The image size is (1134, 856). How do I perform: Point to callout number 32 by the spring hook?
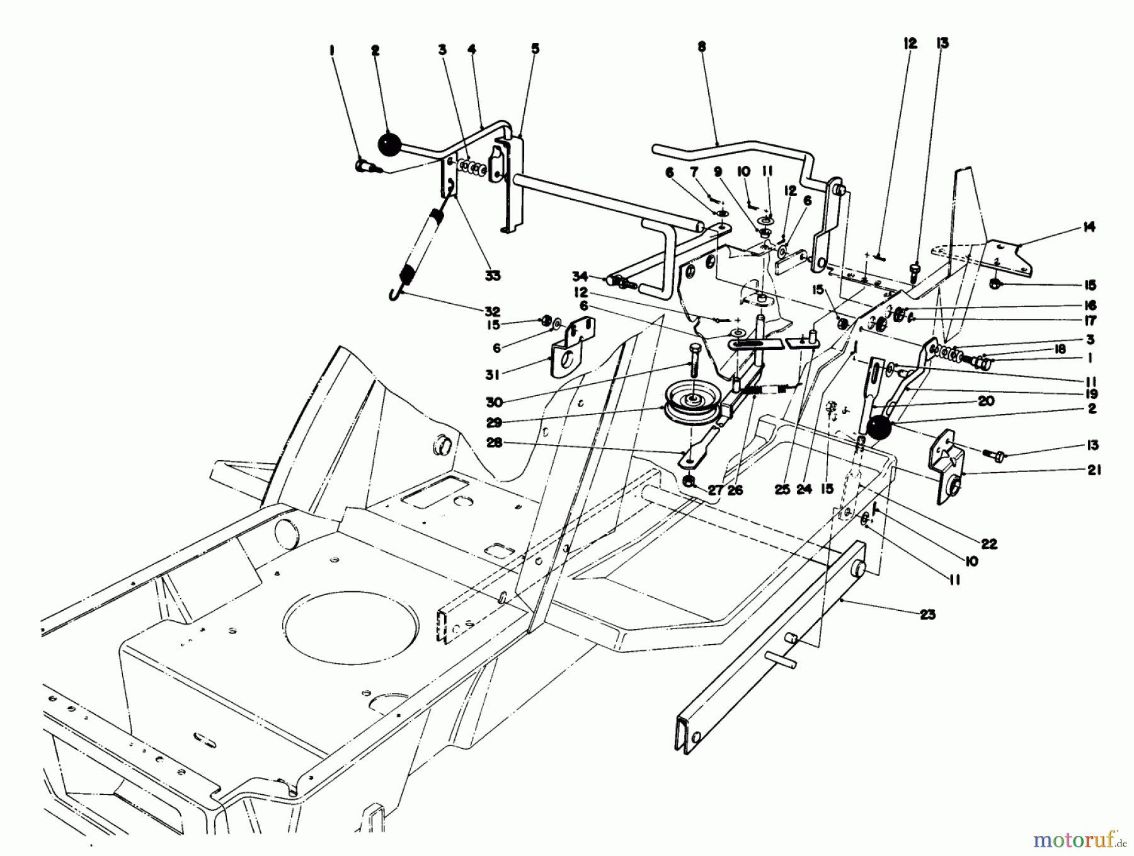point(492,311)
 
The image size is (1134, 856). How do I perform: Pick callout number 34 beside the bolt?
point(580,276)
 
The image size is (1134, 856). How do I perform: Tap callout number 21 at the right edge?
point(1094,470)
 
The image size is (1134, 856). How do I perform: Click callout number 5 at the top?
point(535,48)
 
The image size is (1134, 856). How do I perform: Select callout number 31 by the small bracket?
point(493,374)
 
